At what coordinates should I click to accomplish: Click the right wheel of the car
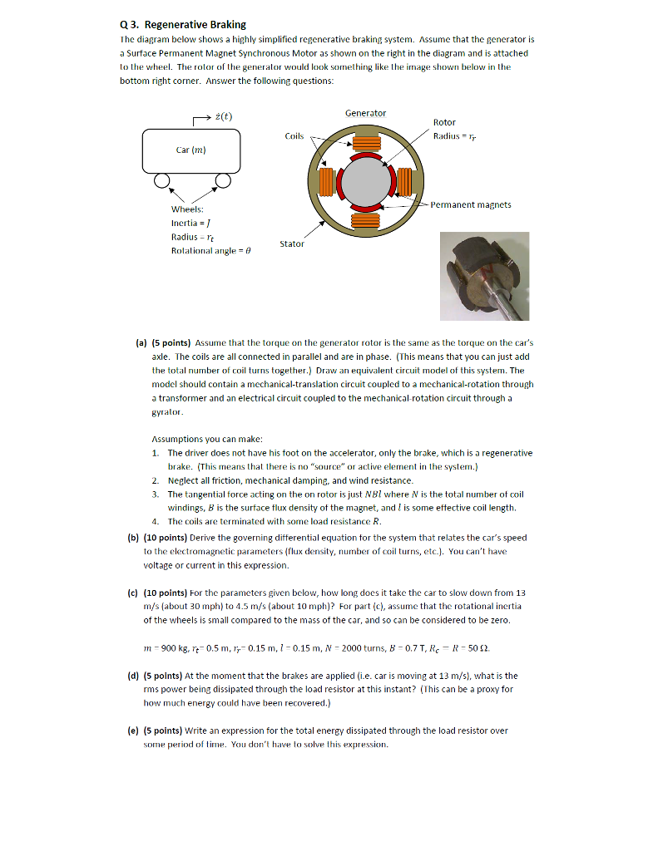(223, 182)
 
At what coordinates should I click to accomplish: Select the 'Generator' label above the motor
(365, 113)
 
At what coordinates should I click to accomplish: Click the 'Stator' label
(291, 244)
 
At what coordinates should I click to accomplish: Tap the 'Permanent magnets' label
(471, 204)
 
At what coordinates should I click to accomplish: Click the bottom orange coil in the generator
(366, 220)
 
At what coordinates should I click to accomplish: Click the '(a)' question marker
(141, 342)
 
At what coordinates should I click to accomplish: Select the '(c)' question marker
(140, 593)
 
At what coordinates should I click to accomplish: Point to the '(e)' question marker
(140, 730)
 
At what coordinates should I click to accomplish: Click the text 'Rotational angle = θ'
(210, 250)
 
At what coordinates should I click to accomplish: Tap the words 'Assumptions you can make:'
(207, 438)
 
